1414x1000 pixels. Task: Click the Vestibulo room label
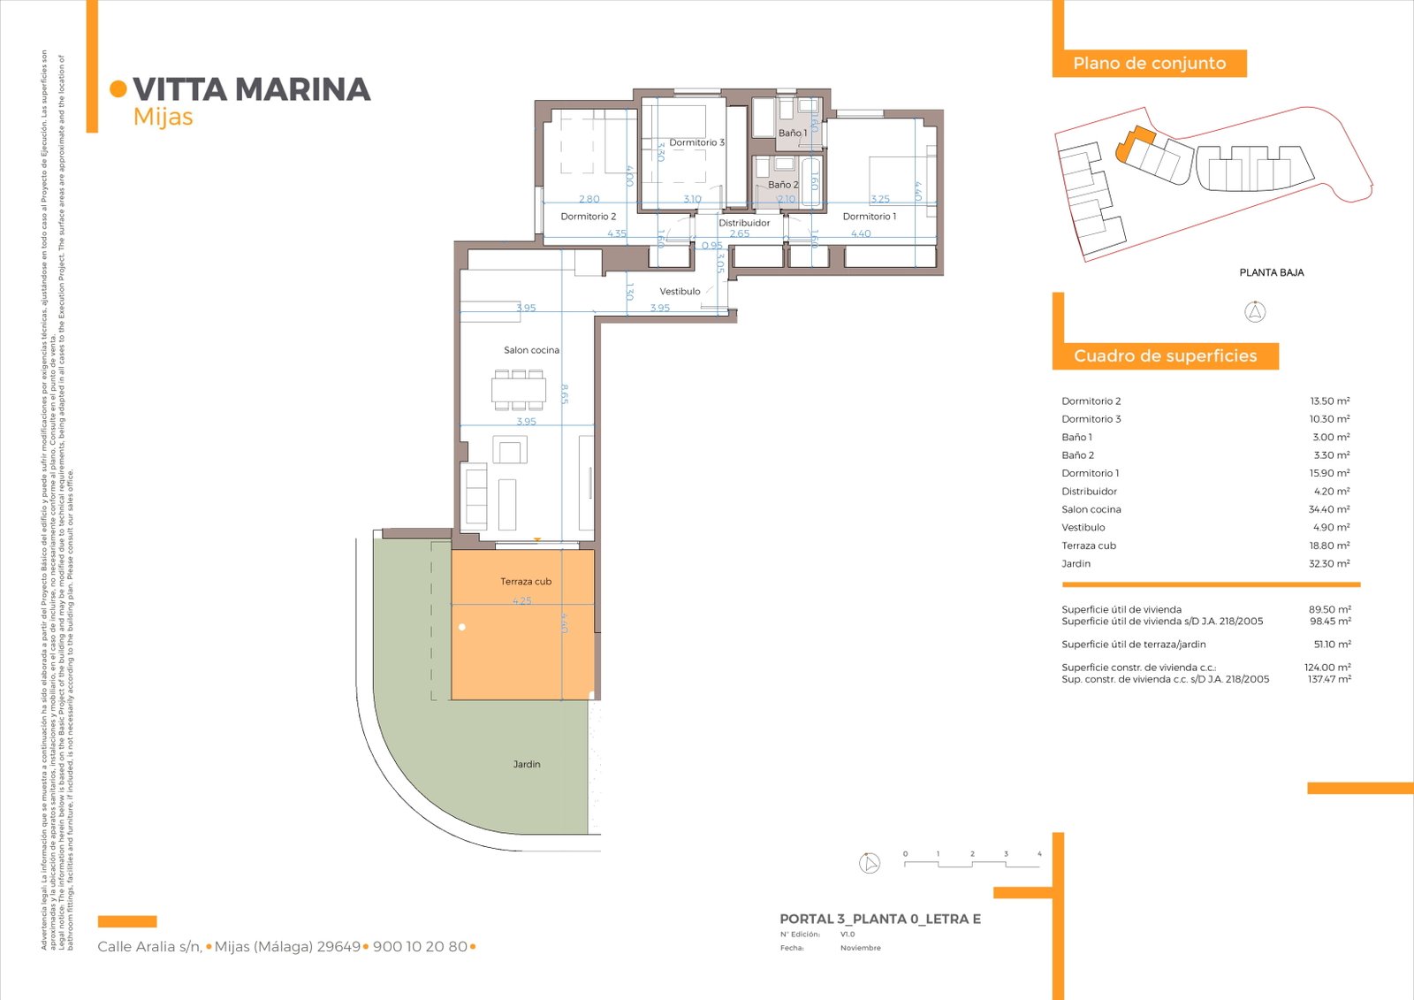pos(680,292)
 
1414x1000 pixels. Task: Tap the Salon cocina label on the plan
pos(531,350)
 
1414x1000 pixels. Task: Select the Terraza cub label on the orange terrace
pos(526,582)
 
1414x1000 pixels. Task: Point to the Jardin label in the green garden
pos(527,764)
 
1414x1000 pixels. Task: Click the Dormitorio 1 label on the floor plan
pos(869,217)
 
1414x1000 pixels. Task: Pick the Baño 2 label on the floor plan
pos(782,185)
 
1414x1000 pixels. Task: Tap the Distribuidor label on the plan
pos(744,223)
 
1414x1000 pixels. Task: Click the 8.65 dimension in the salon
pos(564,393)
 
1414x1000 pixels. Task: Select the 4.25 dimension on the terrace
pos(522,601)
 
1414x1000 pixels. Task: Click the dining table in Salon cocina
pos(519,390)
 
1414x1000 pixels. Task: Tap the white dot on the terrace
pos(462,627)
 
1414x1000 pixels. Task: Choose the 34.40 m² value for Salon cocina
pos(1329,509)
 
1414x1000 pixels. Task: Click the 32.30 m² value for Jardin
pos(1329,564)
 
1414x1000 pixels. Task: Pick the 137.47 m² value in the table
pos(1329,680)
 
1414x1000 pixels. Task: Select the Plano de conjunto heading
pos(1149,64)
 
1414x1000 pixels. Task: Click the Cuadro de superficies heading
pos(1165,356)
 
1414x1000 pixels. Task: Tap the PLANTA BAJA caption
pos(1271,272)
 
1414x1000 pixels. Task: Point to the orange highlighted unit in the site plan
pos(1134,141)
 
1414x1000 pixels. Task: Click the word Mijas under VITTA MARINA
pos(163,118)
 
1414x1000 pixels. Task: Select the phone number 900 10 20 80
pos(420,947)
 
